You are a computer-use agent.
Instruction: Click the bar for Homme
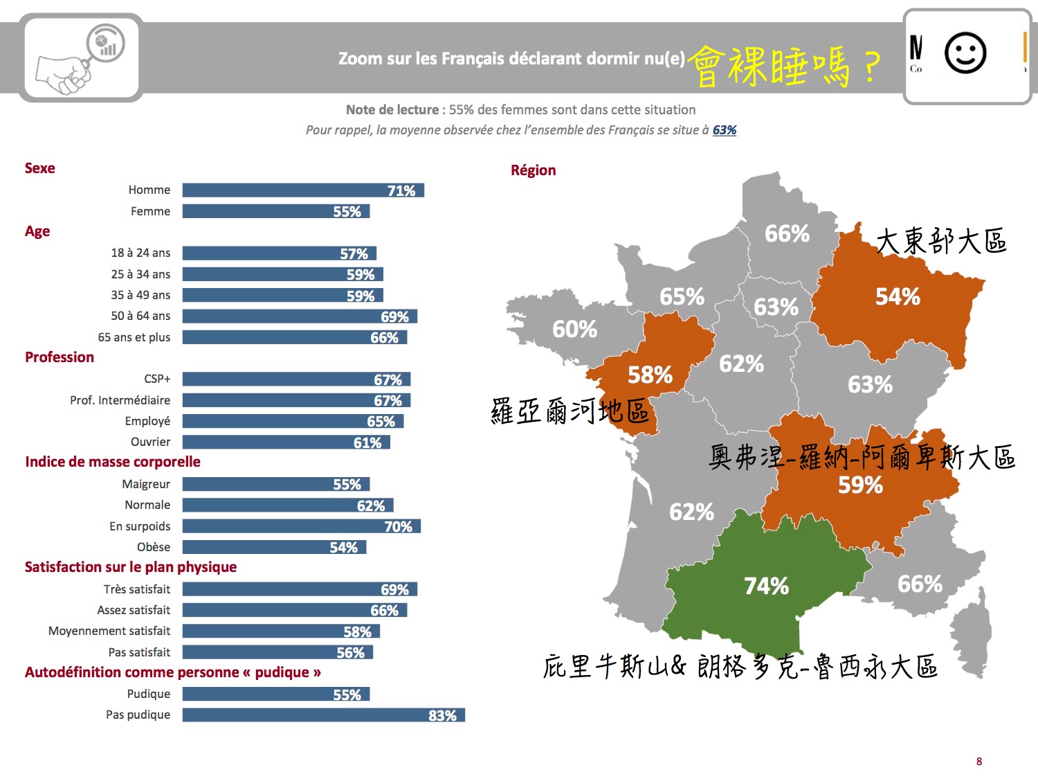(303, 190)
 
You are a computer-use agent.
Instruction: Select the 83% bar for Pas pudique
(323, 715)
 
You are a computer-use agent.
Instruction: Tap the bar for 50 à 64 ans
(300, 316)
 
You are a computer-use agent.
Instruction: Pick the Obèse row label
(153, 547)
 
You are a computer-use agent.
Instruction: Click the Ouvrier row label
(150, 442)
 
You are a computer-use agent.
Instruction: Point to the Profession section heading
(60, 357)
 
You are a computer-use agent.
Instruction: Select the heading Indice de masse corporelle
(113, 462)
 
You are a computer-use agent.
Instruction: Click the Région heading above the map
(533, 170)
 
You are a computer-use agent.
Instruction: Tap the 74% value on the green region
(766, 587)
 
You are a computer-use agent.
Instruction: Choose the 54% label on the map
(898, 297)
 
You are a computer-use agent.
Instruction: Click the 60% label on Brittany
(574, 329)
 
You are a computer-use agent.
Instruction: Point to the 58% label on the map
(650, 375)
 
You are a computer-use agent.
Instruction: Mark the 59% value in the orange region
(860, 485)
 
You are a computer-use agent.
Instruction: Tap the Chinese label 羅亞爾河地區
(570, 411)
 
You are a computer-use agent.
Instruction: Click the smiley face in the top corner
(965, 53)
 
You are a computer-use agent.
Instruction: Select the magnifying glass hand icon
(82, 58)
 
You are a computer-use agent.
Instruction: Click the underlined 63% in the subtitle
(725, 130)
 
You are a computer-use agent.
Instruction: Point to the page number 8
(978, 762)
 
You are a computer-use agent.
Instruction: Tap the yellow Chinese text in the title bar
(785, 66)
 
